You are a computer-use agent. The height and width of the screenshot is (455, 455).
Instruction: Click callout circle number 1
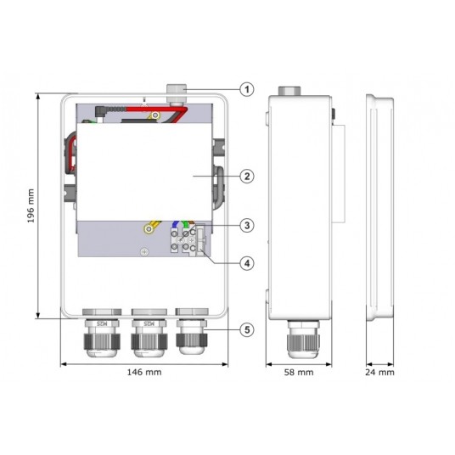click(x=247, y=89)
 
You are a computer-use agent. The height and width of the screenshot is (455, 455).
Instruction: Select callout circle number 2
click(x=247, y=176)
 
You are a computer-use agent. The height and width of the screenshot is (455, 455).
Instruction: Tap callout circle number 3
click(x=247, y=225)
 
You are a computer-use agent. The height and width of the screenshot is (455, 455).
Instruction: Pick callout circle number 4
click(x=247, y=263)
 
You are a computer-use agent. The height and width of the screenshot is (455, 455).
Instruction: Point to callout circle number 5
click(x=247, y=329)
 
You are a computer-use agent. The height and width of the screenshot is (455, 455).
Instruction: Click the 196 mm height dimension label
click(x=31, y=205)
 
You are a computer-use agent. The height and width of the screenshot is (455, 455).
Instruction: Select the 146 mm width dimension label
click(x=144, y=372)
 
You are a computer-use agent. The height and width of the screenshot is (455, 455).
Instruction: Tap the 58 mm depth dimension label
click(x=299, y=373)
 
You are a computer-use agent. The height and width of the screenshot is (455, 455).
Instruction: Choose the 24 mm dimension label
click(x=379, y=373)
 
